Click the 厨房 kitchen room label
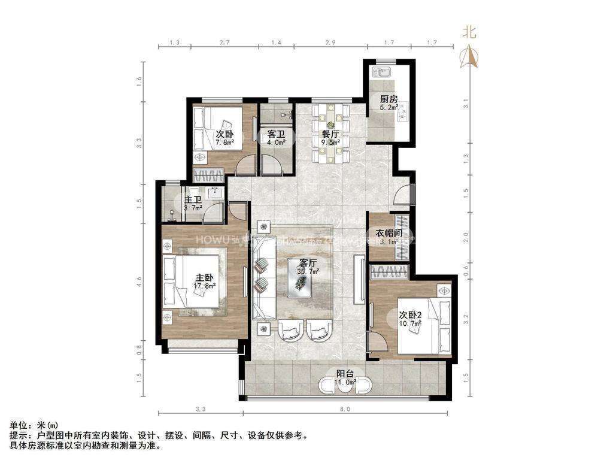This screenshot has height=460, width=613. (x=389, y=99)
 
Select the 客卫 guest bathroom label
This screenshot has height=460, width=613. (x=276, y=135)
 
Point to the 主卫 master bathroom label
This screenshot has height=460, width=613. (x=193, y=200)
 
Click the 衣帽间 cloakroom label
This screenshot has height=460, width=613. (x=387, y=234)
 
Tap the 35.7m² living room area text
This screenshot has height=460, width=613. (x=308, y=271)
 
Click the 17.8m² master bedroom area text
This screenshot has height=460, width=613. (x=205, y=285)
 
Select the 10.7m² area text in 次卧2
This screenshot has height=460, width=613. (x=411, y=322)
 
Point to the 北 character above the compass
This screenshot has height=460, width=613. (x=471, y=33)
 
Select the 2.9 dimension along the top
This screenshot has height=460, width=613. (x=330, y=43)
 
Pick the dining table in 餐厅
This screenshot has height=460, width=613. (x=329, y=133)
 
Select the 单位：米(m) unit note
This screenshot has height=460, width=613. (x=34, y=425)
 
